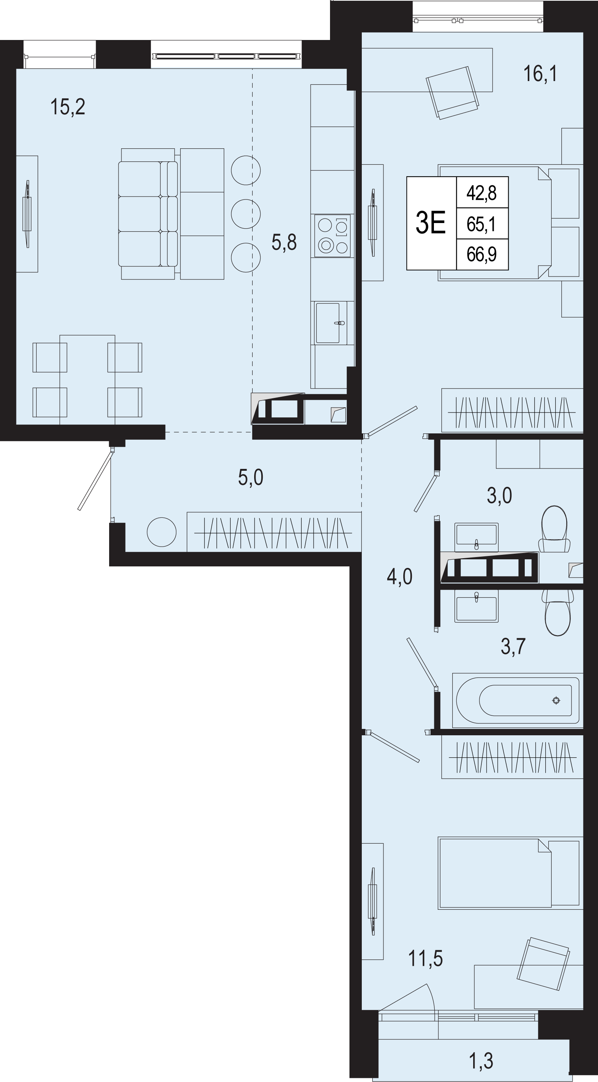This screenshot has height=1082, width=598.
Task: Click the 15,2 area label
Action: pyautogui.click(x=68, y=107)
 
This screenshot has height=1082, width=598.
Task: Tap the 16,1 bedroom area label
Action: pyautogui.click(x=540, y=74)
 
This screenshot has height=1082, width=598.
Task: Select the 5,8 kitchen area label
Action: pyautogui.click(x=284, y=242)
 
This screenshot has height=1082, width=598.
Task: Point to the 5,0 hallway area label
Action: pyautogui.click(x=250, y=477)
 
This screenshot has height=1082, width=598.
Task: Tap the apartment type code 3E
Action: pyautogui.click(x=431, y=223)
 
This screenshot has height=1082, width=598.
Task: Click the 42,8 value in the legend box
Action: pyautogui.click(x=482, y=193)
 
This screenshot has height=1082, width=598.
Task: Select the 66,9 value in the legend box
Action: pyautogui.click(x=482, y=254)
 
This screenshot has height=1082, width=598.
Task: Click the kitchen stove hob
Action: pyautogui.click(x=332, y=236)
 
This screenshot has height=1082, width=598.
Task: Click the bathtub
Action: pyautogui.click(x=518, y=701)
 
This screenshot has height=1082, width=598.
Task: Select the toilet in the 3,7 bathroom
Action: pyautogui.click(x=558, y=613)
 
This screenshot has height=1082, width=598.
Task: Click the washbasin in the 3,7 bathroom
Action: pyautogui.click(x=477, y=606)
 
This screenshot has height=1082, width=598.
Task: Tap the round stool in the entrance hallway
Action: pyautogui.click(x=161, y=532)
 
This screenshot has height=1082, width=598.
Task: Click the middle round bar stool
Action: pyautogui.click(x=246, y=214)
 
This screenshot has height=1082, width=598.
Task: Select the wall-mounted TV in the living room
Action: pyautogui.click(x=27, y=214)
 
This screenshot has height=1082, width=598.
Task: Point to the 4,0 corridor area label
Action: pyautogui.click(x=399, y=577)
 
